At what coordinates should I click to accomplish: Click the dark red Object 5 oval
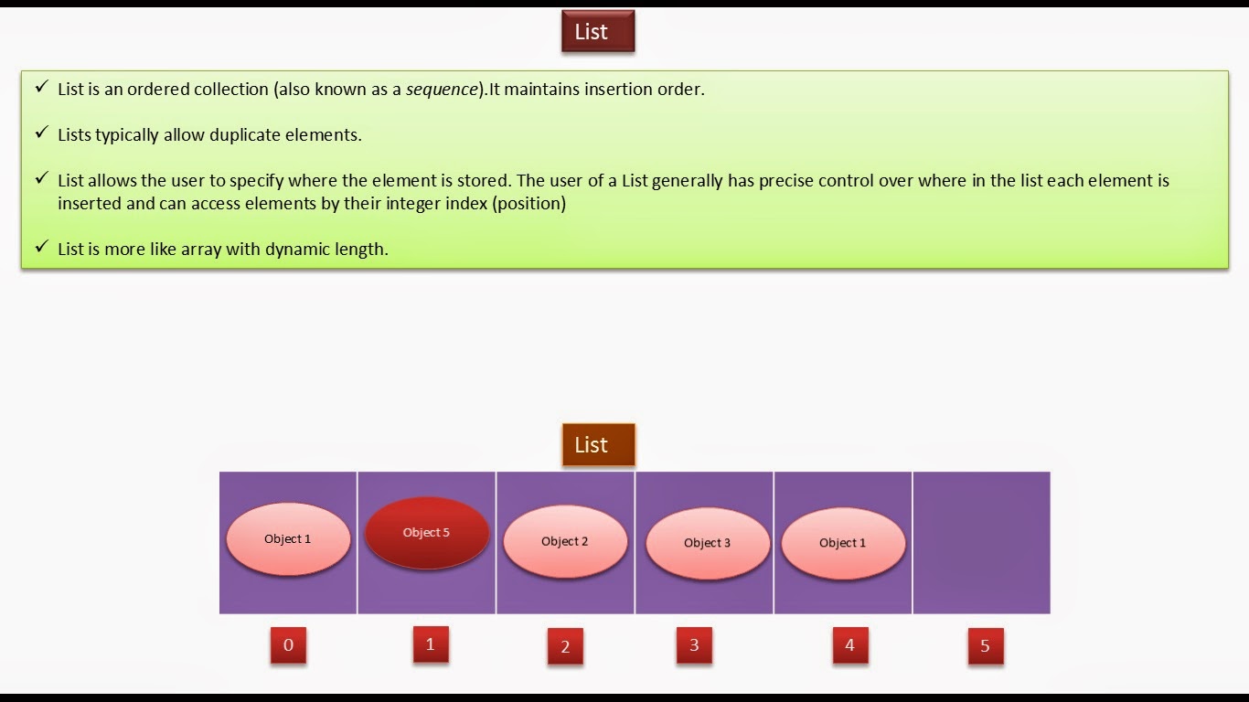pos(427,533)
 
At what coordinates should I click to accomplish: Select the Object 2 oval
pos(565,541)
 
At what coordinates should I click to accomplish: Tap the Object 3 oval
pos(707,543)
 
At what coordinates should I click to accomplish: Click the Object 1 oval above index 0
pos(288,539)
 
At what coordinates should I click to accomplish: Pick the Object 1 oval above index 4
pos(843,543)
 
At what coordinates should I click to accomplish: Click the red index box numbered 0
pos(288,645)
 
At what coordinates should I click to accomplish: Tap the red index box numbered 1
pos(431,644)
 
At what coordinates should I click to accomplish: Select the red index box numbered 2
pos(565,647)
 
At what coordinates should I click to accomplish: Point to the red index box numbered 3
pos(694,645)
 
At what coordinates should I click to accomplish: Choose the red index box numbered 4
pos(849,645)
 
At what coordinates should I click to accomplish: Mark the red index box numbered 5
pos(985,646)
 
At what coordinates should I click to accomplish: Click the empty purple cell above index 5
pos(981,543)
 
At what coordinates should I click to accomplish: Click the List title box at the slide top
pos(597,32)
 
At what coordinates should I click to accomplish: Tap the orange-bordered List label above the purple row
pos(598,445)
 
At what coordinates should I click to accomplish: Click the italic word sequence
pos(442,90)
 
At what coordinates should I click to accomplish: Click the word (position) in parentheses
pos(529,204)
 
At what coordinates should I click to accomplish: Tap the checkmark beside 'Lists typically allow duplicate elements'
pos(41,133)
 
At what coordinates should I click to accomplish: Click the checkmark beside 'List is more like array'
pos(41,248)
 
